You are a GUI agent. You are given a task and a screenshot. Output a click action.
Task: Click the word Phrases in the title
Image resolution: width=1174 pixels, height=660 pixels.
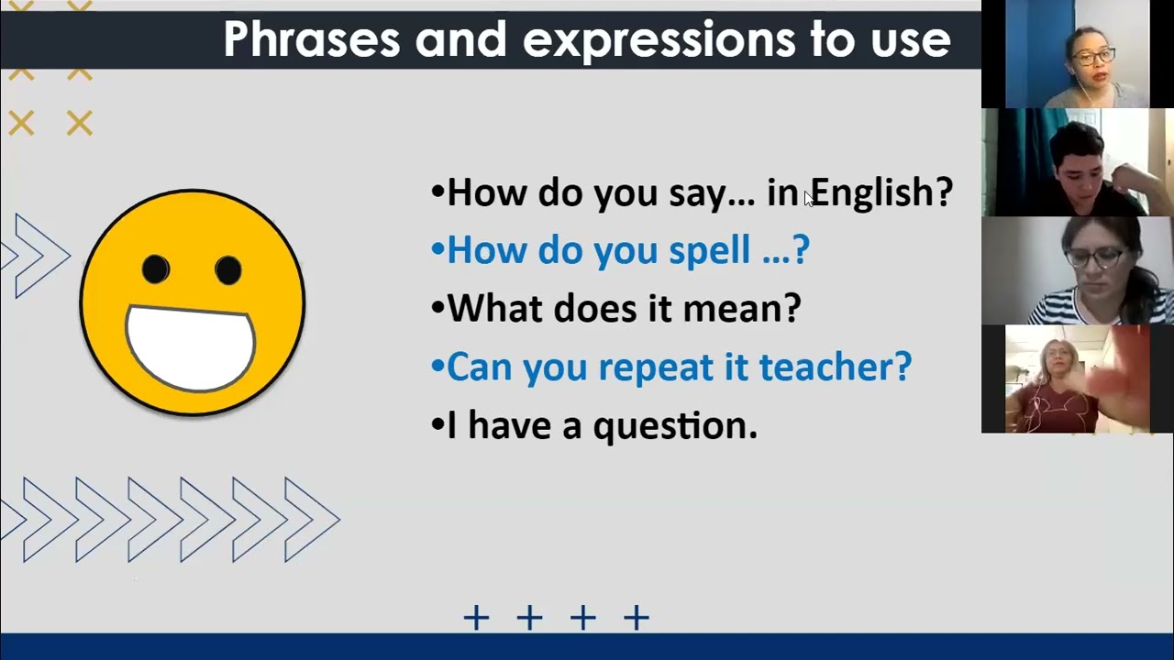[x=312, y=39]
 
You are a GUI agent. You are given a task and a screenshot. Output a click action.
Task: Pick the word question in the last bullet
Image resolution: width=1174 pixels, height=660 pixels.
[x=676, y=426]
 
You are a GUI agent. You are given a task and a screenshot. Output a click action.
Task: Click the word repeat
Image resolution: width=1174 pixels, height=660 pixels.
[x=656, y=368]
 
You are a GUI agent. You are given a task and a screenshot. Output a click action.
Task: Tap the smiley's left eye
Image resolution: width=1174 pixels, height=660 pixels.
[x=156, y=269]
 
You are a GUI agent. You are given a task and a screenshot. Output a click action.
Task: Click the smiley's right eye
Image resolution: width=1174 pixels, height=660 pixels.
[x=228, y=270]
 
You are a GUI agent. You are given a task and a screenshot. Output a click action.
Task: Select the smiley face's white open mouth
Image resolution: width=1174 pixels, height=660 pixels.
[x=190, y=346]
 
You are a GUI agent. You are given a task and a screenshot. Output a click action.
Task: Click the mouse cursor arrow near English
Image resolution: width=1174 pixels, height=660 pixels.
[x=809, y=199]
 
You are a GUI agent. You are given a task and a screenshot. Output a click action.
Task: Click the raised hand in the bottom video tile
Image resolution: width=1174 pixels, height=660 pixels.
[x=1122, y=372]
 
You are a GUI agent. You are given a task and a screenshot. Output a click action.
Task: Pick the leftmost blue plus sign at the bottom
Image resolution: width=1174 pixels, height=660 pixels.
[x=476, y=618]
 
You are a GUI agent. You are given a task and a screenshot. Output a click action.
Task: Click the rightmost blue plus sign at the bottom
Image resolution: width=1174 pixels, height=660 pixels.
[x=637, y=618]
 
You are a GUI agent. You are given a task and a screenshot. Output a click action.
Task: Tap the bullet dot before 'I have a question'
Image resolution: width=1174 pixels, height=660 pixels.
[x=437, y=424]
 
